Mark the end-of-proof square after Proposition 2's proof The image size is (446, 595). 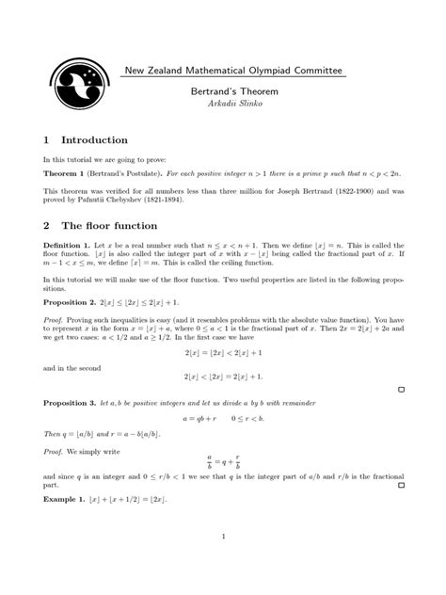tap(401, 388)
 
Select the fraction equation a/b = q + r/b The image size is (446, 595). tap(222, 460)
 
